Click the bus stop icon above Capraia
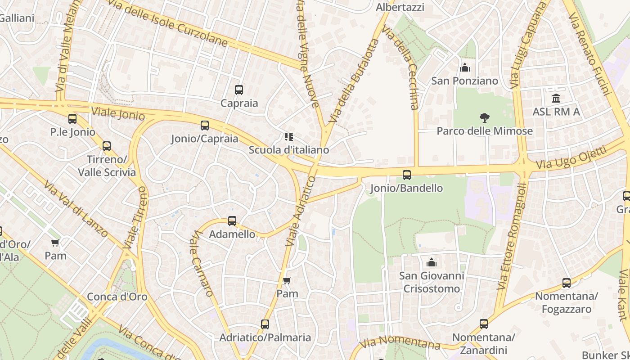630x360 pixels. [x=238, y=90]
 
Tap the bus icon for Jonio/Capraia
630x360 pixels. [x=205, y=126]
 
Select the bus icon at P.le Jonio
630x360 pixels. [x=72, y=119]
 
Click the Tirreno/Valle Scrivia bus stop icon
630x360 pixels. [x=107, y=146]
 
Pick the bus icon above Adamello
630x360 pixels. [x=232, y=221]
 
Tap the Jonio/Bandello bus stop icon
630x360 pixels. [x=407, y=175]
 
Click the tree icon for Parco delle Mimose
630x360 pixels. [x=485, y=118]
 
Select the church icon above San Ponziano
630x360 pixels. [x=465, y=68]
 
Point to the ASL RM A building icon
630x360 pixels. [x=556, y=98]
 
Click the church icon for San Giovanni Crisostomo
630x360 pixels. [x=432, y=262]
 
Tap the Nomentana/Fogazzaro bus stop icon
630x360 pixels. [x=567, y=283]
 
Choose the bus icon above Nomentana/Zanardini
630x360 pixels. [x=484, y=324]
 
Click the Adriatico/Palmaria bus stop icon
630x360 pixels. [x=265, y=324]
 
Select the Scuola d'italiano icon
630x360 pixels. [x=288, y=137]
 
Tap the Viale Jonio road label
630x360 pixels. [x=118, y=114]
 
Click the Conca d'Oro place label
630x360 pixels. [x=117, y=297]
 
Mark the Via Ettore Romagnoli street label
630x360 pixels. [x=513, y=236]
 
